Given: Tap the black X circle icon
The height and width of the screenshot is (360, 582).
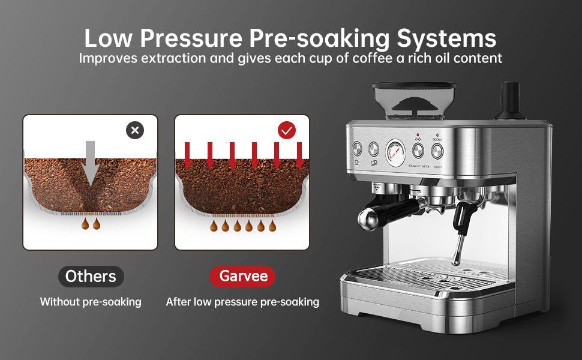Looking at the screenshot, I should (x=135, y=130).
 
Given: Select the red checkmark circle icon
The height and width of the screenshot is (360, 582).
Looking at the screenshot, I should (x=287, y=130).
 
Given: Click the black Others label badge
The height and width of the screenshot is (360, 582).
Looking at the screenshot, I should (x=91, y=277).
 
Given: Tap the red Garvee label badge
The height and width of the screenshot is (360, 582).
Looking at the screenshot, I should (x=242, y=277).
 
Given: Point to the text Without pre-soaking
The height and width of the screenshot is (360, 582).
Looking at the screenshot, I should (x=91, y=302).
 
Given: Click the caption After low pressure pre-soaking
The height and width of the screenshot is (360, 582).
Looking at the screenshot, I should (x=242, y=302).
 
